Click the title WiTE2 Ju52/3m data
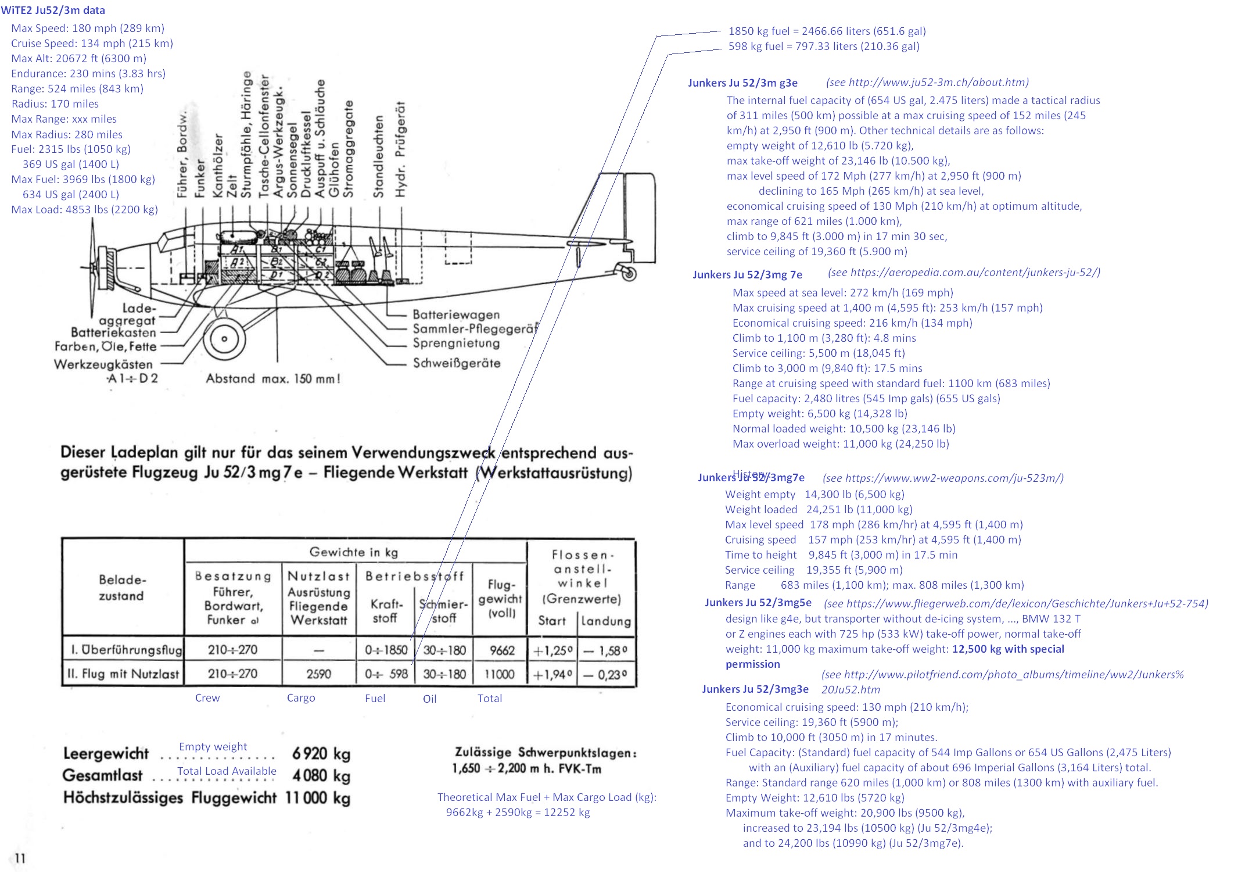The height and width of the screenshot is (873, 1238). tap(53, 10)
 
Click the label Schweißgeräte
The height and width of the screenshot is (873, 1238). tap(456, 363)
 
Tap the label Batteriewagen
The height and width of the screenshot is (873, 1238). tap(456, 314)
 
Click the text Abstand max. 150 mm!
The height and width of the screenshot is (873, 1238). tap(272, 379)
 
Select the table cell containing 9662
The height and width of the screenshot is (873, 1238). tap(501, 650)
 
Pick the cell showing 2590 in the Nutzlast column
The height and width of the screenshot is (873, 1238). tap(318, 674)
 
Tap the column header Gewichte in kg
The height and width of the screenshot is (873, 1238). tap(353, 552)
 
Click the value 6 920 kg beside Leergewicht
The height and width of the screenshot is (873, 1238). tap(321, 754)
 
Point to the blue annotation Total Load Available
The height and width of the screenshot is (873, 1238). tap(227, 771)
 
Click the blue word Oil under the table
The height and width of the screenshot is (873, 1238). tap(429, 699)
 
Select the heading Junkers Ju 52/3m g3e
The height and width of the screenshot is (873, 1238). tap(742, 83)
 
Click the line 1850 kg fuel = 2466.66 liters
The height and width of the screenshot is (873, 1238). tap(827, 31)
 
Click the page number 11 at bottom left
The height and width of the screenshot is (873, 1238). tap(20, 858)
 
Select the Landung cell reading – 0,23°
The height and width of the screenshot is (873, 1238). tap(605, 674)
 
